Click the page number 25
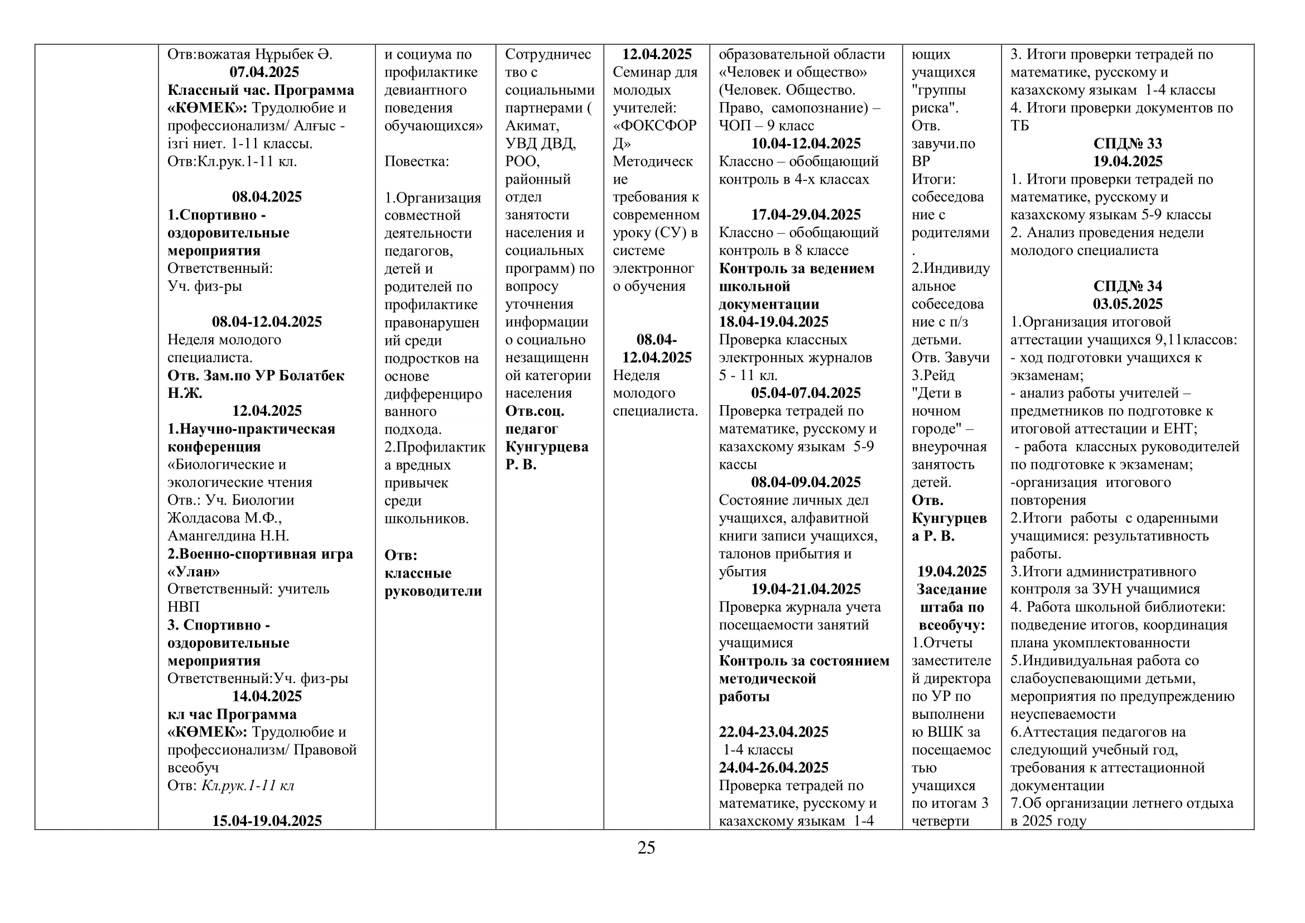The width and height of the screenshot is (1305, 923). point(646,848)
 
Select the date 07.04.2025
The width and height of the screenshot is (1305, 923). point(264,72)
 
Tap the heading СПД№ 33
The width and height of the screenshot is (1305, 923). point(1128,143)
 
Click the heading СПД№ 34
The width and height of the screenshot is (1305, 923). point(1128,286)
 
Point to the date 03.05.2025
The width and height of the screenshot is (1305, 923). point(1128,304)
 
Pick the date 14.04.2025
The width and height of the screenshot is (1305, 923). point(267,696)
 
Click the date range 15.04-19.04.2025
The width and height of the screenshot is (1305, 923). point(267,821)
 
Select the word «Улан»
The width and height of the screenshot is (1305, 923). point(194,571)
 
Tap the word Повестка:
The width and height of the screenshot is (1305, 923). point(417,161)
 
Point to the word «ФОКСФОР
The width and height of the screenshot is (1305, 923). point(655,126)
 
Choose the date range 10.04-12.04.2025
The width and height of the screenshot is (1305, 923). point(806,143)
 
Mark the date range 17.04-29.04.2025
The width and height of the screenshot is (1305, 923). point(806,215)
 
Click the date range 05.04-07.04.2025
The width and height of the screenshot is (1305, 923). point(806,393)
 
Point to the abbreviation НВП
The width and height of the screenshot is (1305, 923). point(184,607)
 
